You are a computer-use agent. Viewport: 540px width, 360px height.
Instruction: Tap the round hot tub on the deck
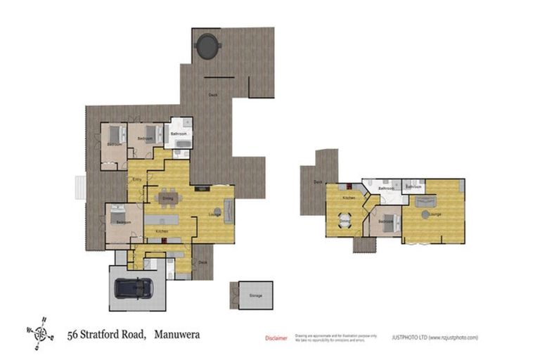tap(208, 46)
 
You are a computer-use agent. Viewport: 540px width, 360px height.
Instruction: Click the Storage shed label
tap(255, 295)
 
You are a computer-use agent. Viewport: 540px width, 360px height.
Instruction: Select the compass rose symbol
tap(42, 333)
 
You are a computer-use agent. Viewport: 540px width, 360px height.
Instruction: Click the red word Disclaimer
tap(276, 337)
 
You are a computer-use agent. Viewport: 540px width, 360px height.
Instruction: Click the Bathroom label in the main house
tap(179, 134)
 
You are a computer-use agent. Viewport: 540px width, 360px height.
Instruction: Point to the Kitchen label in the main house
tap(162, 231)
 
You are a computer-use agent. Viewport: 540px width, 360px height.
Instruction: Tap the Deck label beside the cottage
tap(318, 182)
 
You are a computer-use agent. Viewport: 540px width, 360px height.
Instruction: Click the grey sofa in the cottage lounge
tap(425, 200)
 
